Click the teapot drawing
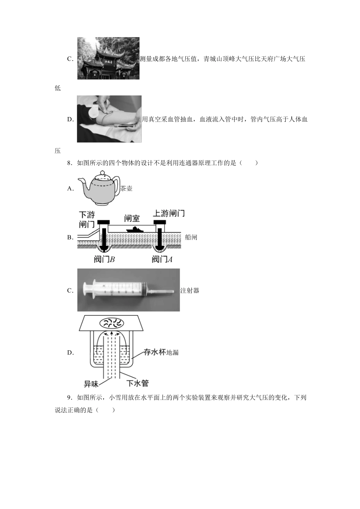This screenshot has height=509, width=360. point(99,188)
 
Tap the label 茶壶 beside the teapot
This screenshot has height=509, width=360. point(127,189)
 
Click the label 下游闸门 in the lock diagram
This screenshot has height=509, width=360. point(87,219)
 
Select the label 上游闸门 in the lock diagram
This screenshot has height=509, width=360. point(169,213)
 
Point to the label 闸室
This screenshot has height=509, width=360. point(132,219)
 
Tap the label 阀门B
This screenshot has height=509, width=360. point(104,259)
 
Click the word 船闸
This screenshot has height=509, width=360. point(191,237)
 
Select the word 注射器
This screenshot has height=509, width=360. point(190,291)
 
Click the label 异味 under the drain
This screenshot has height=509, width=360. point(91,384)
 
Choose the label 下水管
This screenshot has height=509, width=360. point(137,383)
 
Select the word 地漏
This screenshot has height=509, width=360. point(172,353)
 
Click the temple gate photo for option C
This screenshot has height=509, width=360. point(108,58)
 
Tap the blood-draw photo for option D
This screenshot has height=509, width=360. point(109,119)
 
